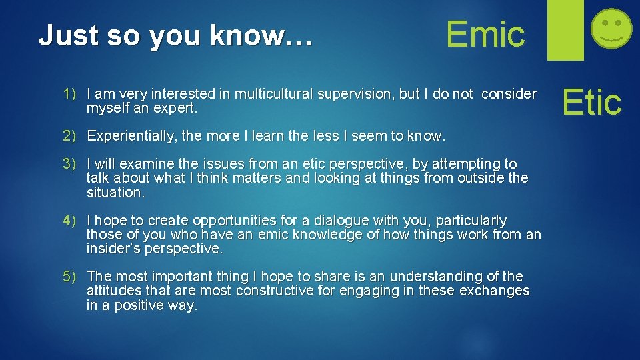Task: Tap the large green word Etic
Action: [591, 103]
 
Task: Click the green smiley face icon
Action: [612, 27]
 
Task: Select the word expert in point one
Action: [175, 108]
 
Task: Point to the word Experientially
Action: [132, 136]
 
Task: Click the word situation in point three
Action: [114, 193]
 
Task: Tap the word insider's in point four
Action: [113, 249]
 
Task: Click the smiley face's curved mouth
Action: [612, 39]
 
